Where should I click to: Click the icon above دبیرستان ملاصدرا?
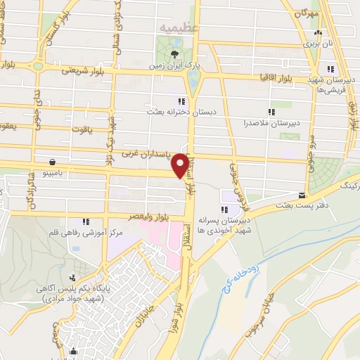271,111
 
